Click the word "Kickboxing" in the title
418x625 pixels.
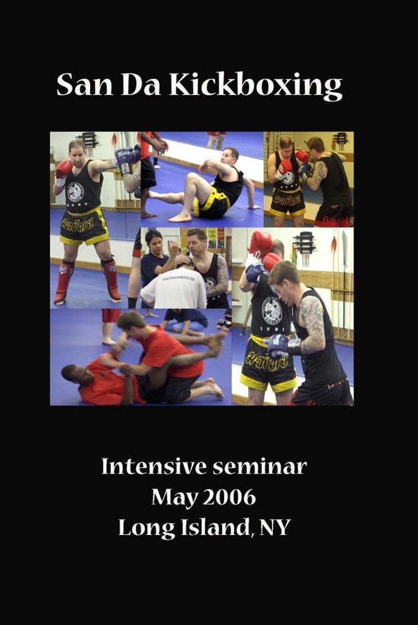(x=256, y=86)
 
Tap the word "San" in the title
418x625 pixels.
(x=85, y=85)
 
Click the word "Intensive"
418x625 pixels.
(x=153, y=466)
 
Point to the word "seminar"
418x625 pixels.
(x=260, y=467)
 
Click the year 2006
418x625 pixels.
(x=231, y=496)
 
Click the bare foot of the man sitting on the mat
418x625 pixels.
(x=180, y=217)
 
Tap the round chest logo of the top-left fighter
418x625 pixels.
(x=75, y=192)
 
